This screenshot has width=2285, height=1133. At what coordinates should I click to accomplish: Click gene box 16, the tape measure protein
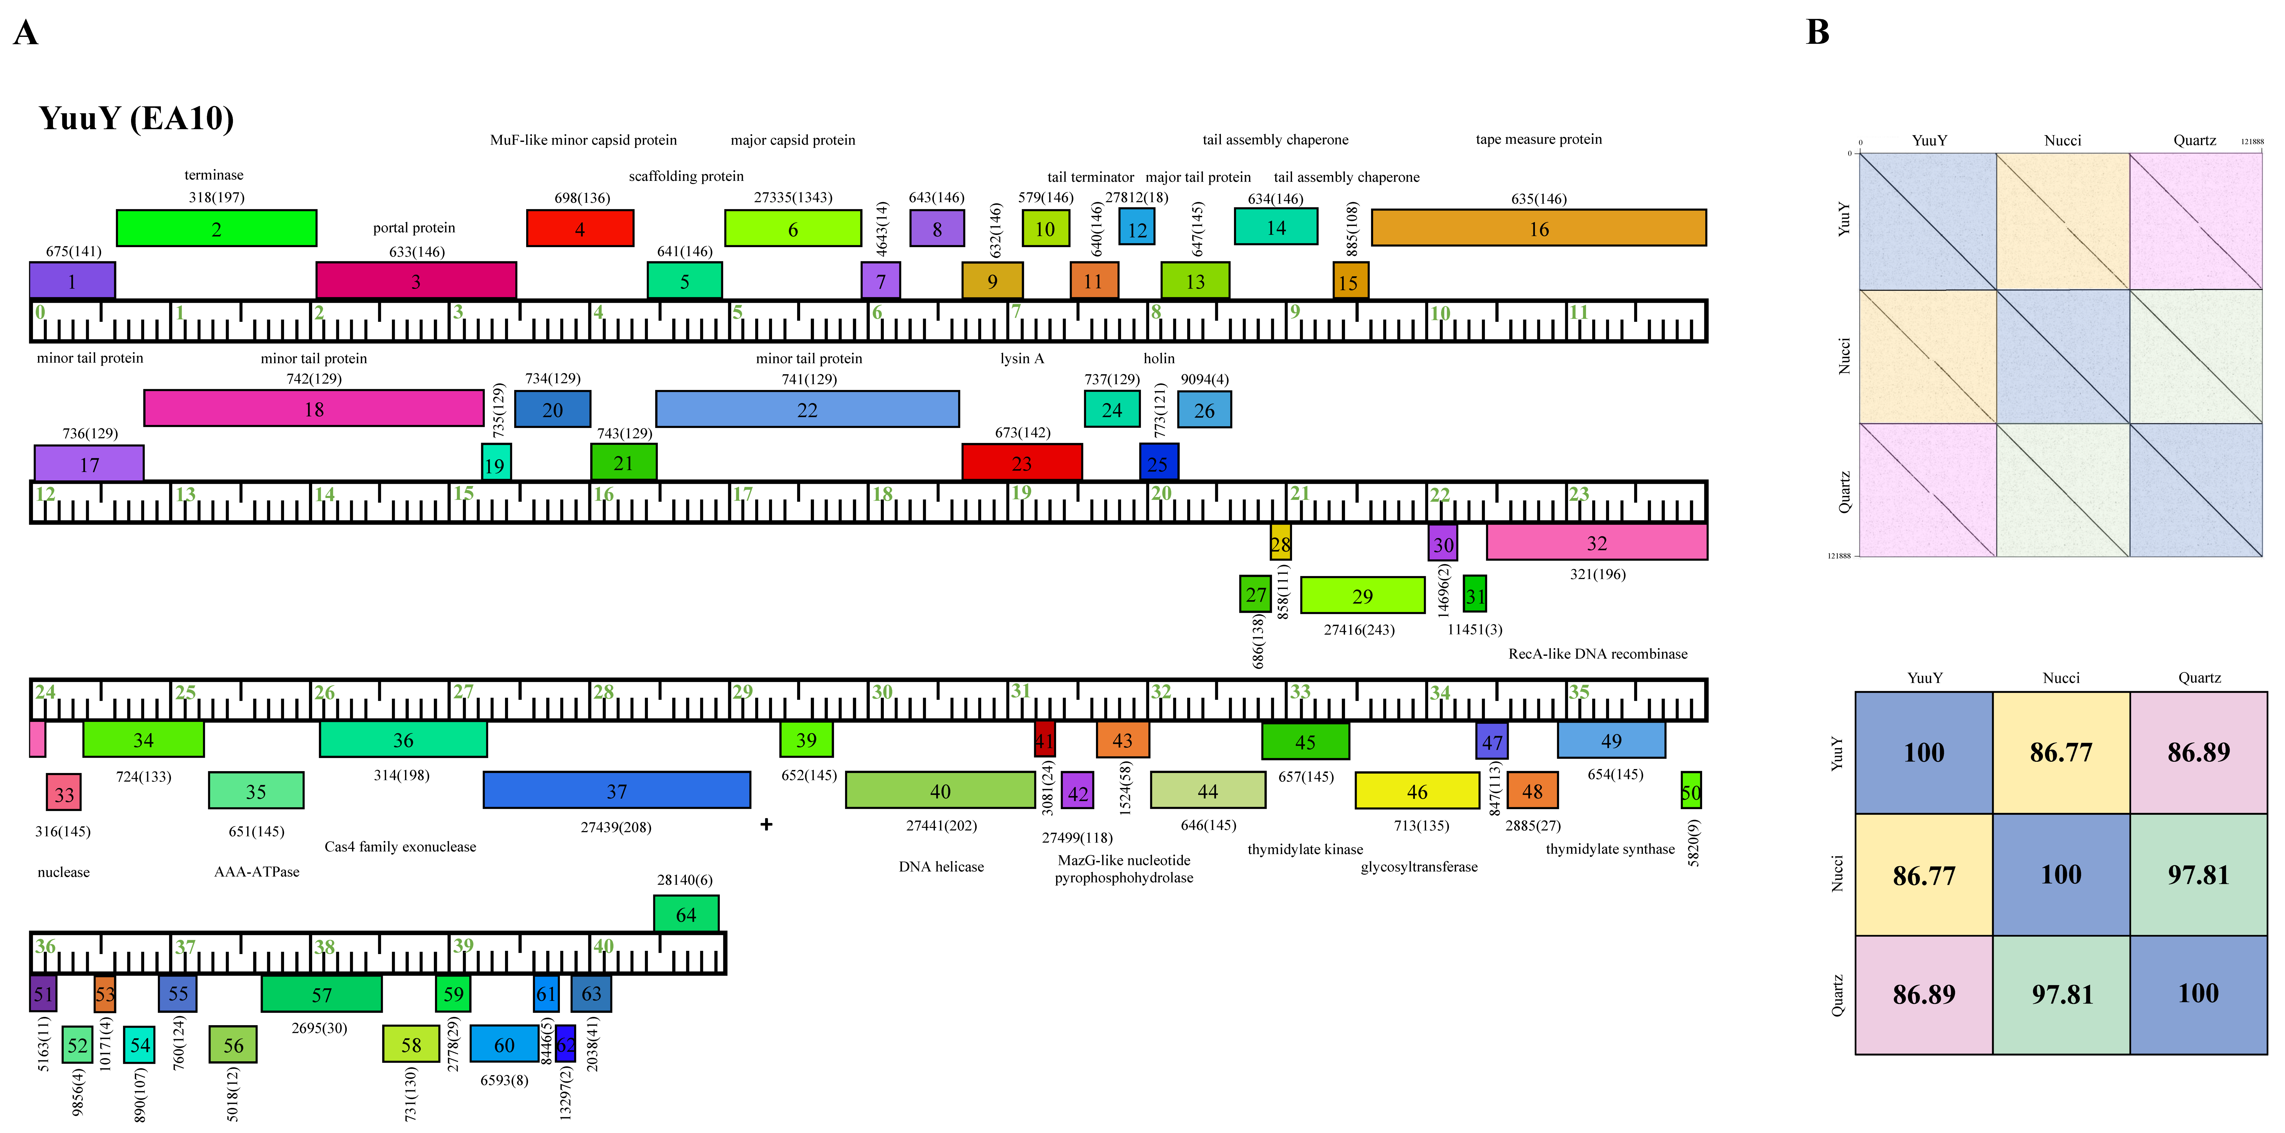[x=1538, y=228]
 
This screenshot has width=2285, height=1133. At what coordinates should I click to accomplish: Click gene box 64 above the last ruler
[x=686, y=914]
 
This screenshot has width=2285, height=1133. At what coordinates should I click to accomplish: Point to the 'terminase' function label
[x=214, y=175]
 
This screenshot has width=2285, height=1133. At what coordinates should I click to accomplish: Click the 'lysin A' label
[x=1022, y=358]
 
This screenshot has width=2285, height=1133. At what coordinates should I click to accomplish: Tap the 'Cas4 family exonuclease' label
[x=400, y=847]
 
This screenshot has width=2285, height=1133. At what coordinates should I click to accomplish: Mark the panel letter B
[x=1817, y=33]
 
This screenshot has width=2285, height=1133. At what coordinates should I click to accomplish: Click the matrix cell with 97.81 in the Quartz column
[x=2198, y=875]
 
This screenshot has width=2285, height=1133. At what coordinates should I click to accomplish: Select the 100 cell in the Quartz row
[x=2198, y=994]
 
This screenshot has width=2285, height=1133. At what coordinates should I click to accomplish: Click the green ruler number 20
[x=1161, y=493]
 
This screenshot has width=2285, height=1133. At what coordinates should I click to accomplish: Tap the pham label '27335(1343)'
[x=793, y=197]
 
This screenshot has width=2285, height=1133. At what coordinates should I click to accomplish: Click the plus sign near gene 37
[x=766, y=824]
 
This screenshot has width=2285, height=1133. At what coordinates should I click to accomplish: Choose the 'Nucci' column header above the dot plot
[x=2062, y=140]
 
